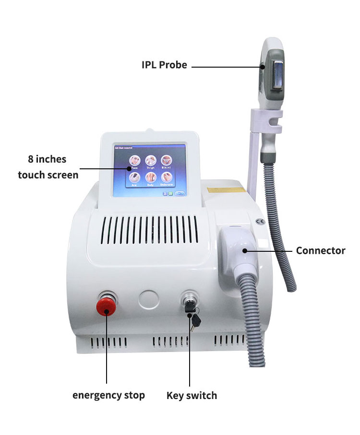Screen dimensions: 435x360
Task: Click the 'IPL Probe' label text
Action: click(x=164, y=65)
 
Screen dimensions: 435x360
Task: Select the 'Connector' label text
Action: click(x=320, y=250)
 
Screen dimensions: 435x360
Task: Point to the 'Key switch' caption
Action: click(x=192, y=396)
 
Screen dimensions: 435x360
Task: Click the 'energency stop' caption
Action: click(x=108, y=396)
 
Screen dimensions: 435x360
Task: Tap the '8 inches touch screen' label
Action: click(x=48, y=167)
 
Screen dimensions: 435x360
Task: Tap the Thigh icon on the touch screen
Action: click(x=151, y=160)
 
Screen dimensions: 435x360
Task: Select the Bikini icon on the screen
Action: click(x=167, y=160)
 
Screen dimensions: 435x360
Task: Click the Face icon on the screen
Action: click(x=135, y=160)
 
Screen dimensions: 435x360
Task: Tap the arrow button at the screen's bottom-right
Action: click(x=180, y=193)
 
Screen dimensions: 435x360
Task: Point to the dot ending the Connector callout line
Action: click(x=244, y=250)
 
